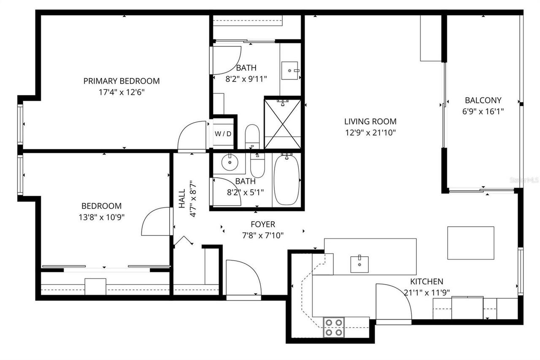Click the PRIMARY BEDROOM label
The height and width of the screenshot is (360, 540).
[x=121, y=81]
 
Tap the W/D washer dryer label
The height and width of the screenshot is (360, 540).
[x=223, y=134]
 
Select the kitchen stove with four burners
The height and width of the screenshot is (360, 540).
[x=334, y=327]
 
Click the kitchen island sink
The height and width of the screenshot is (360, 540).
[x=359, y=264]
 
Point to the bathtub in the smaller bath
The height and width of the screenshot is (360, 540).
[x=286, y=180]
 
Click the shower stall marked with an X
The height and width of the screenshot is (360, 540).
[x=282, y=123]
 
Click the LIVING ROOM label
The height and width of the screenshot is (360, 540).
[x=370, y=122]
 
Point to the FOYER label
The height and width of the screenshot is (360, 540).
[x=262, y=225]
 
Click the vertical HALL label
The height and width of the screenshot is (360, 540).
[x=182, y=198]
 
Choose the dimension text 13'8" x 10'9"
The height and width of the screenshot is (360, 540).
[x=101, y=217]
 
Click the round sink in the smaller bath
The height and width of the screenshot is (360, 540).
[x=230, y=162]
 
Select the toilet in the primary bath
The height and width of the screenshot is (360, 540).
[x=252, y=135]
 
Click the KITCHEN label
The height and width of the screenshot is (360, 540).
[x=427, y=282]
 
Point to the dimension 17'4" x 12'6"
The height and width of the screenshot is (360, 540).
[x=121, y=92]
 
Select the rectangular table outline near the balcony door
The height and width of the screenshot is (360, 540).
[x=470, y=243]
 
